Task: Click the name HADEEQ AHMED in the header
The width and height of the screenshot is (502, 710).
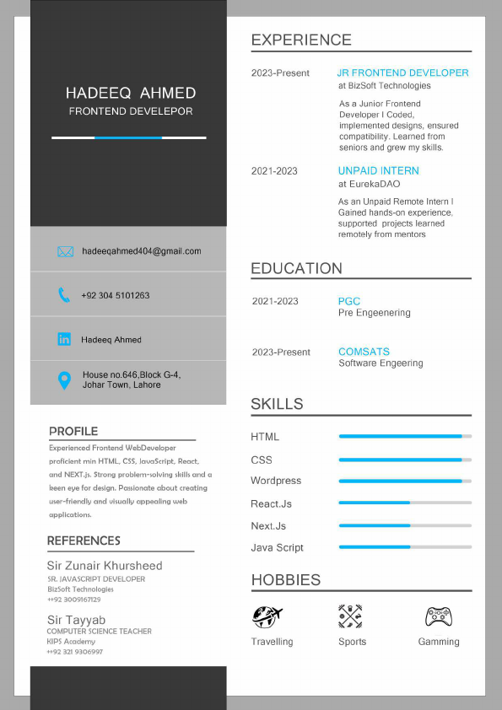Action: [131, 93]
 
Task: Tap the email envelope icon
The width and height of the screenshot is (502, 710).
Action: [65, 251]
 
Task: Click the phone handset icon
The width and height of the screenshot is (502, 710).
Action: [64, 295]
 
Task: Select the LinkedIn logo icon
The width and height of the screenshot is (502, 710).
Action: [64, 339]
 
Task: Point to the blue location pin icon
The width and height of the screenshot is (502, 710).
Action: [64, 380]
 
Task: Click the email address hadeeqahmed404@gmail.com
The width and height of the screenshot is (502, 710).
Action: [142, 251]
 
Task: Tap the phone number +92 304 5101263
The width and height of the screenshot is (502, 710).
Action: [116, 296]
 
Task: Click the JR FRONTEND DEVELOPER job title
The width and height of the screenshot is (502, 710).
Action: [403, 73]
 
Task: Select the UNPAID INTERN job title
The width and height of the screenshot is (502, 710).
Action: [379, 170]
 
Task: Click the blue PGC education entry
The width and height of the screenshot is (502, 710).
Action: [349, 301]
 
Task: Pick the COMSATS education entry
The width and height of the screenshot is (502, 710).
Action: [364, 352]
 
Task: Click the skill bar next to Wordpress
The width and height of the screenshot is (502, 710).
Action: [405, 481]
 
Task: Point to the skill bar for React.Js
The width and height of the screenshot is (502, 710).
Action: [405, 503]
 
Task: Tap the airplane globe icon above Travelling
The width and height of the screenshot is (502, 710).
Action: [267, 616]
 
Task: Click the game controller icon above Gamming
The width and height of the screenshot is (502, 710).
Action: [439, 616]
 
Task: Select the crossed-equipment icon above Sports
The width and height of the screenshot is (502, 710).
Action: [350, 616]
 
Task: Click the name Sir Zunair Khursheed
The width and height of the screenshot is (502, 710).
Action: [105, 566]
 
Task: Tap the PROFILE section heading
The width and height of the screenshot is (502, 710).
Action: [73, 431]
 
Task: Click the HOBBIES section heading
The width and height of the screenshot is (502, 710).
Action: [286, 580]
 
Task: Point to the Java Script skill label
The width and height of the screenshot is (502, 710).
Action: [277, 548]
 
